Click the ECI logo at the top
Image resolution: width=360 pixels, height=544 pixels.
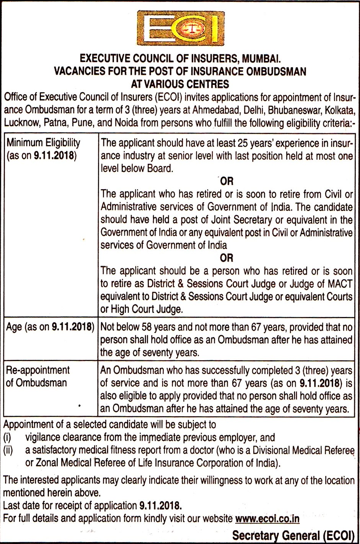(x=180, y=28)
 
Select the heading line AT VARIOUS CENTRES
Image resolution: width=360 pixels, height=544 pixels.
(x=180, y=84)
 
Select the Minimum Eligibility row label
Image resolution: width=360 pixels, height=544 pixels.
(x=43, y=149)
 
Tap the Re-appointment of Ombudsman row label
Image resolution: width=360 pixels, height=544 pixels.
(x=37, y=376)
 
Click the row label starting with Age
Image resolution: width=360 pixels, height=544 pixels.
(x=50, y=327)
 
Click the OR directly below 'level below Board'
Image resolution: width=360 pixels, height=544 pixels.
(x=226, y=181)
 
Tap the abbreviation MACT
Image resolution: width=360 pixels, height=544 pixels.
(x=340, y=284)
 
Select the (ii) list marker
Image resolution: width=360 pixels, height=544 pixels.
(x=8, y=450)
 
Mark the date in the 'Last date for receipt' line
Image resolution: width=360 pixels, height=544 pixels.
(x=160, y=506)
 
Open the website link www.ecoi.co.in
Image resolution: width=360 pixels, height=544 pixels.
(x=267, y=518)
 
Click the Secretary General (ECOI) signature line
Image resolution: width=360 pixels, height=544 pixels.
(x=293, y=536)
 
